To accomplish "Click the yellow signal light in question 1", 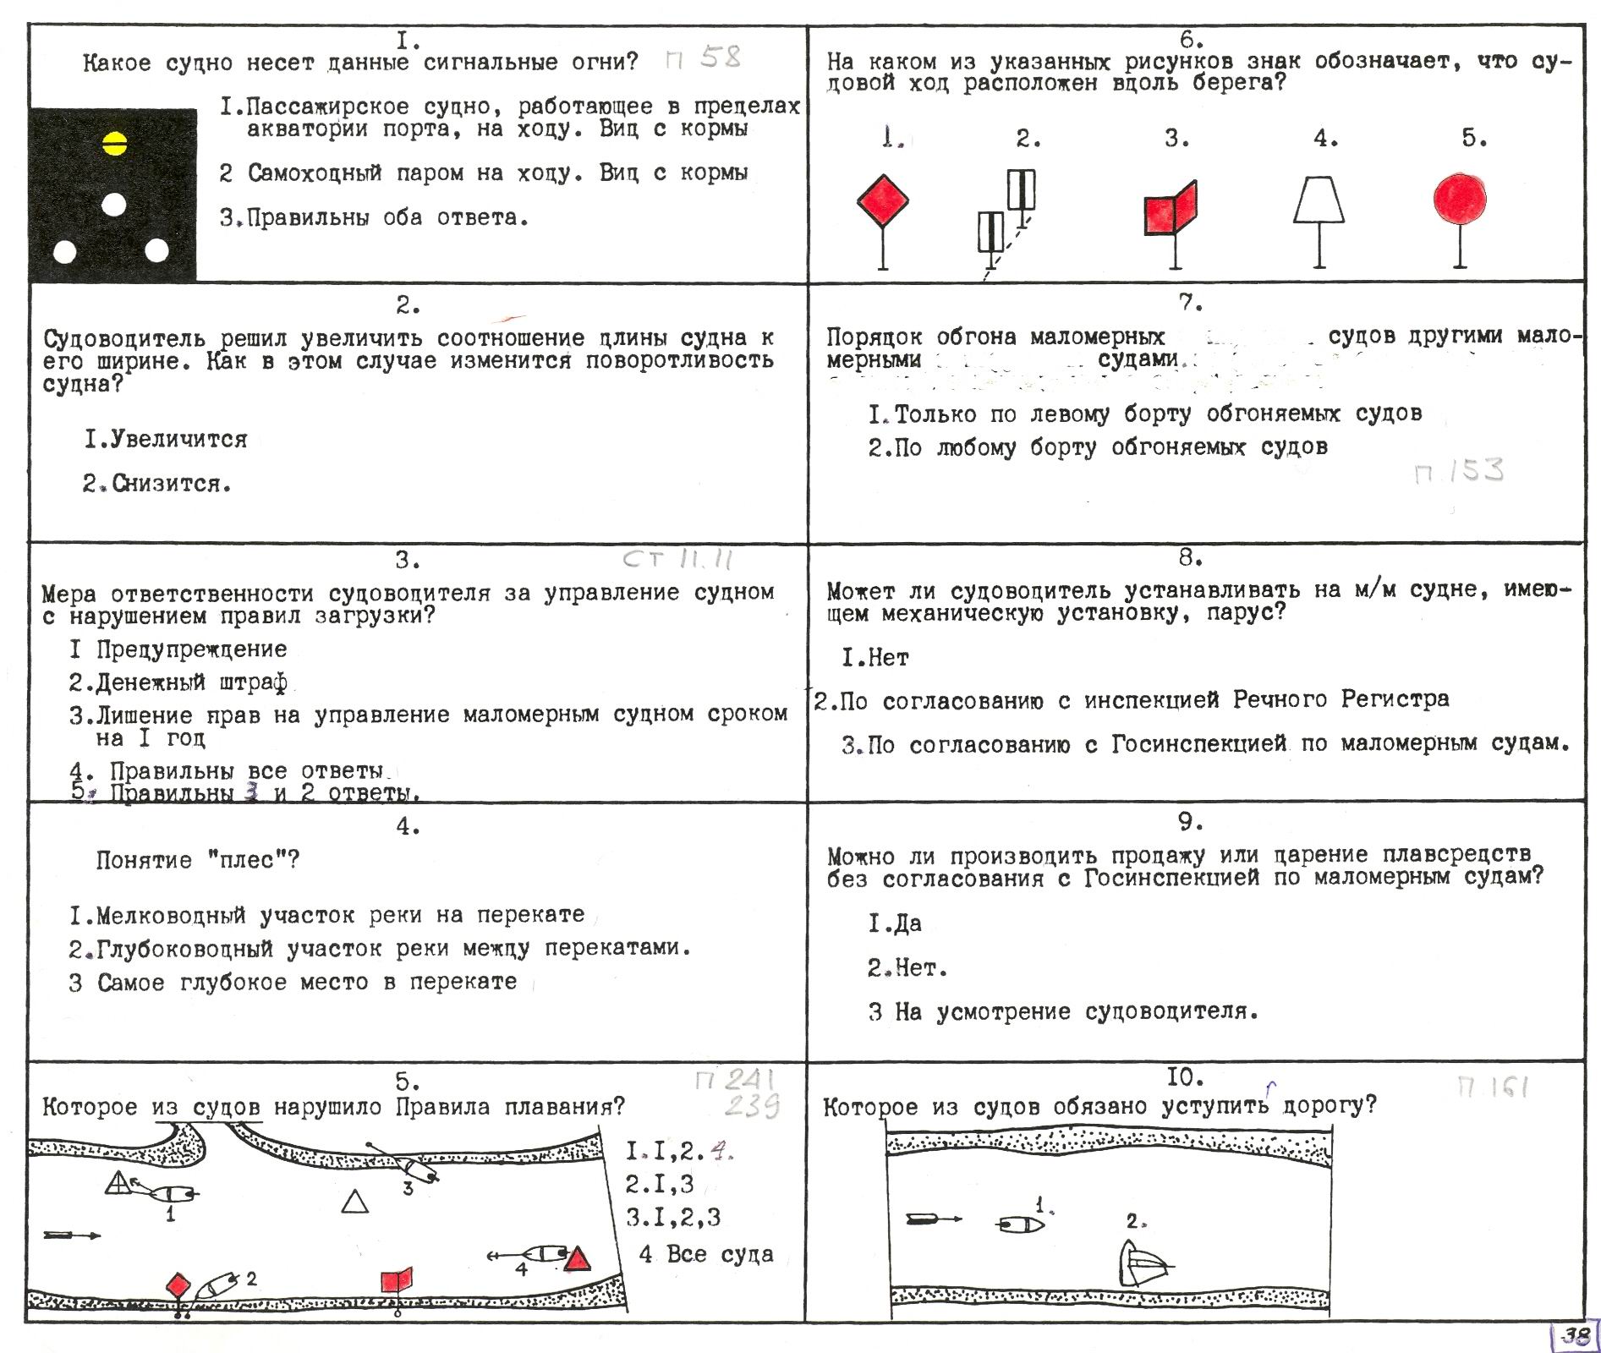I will click(x=114, y=145).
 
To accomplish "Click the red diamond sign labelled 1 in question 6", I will click(x=883, y=200).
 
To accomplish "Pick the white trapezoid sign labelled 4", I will click(x=1319, y=200).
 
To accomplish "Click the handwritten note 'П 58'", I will click(x=703, y=58).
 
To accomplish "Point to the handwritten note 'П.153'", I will click(x=1459, y=471).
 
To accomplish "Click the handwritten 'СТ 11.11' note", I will click(x=677, y=559).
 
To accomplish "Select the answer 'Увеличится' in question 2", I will click(x=166, y=439).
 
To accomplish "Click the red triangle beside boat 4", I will click(x=577, y=1259).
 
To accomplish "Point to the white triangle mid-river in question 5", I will click(x=355, y=1202).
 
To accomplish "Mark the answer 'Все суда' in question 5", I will click(x=707, y=1254).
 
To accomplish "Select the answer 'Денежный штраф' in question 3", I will click(x=178, y=682).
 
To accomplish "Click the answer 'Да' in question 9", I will click(x=896, y=923).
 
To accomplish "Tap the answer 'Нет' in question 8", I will click(x=876, y=657).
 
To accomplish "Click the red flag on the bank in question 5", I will click(x=396, y=1279).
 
